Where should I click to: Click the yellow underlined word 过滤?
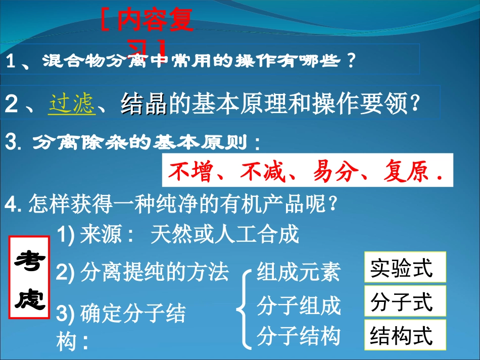click(x=72, y=105)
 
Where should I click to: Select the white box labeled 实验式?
click(x=405, y=267)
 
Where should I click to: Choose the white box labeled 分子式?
click(x=405, y=301)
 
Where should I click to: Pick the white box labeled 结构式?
click(x=405, y=335)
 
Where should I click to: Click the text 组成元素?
click(x=299, y=272)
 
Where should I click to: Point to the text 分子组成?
click(x=299, y=306)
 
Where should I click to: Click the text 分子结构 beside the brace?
click(x=299, y=336)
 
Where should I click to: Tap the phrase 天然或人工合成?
click(x=225, y=235)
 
